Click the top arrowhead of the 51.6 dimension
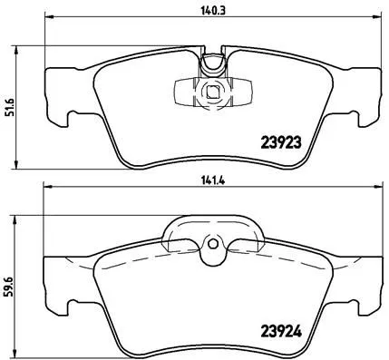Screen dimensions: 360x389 pyautogui.click(x=17, y=44)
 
